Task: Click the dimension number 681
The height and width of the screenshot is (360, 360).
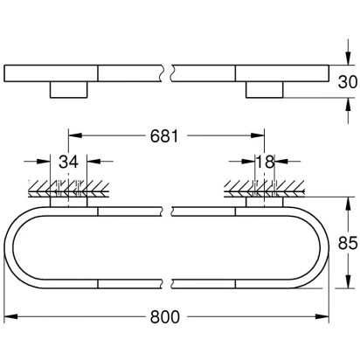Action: pos(164,136)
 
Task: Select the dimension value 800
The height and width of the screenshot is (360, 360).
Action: pos(165,317)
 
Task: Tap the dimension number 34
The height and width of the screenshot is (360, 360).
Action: pos(68,162)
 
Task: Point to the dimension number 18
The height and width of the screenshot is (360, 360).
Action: pos(265,162)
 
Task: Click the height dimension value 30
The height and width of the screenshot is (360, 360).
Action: pos(348,82)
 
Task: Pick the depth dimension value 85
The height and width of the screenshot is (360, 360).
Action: pos(348,243)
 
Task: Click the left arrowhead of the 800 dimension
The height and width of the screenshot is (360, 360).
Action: pos(10,316)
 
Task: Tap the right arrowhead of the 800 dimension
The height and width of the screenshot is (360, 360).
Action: pos(322,316)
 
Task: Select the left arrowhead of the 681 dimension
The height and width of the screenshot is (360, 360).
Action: pos(75,135)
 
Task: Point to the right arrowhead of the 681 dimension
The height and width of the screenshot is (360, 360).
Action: pos(258,135)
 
